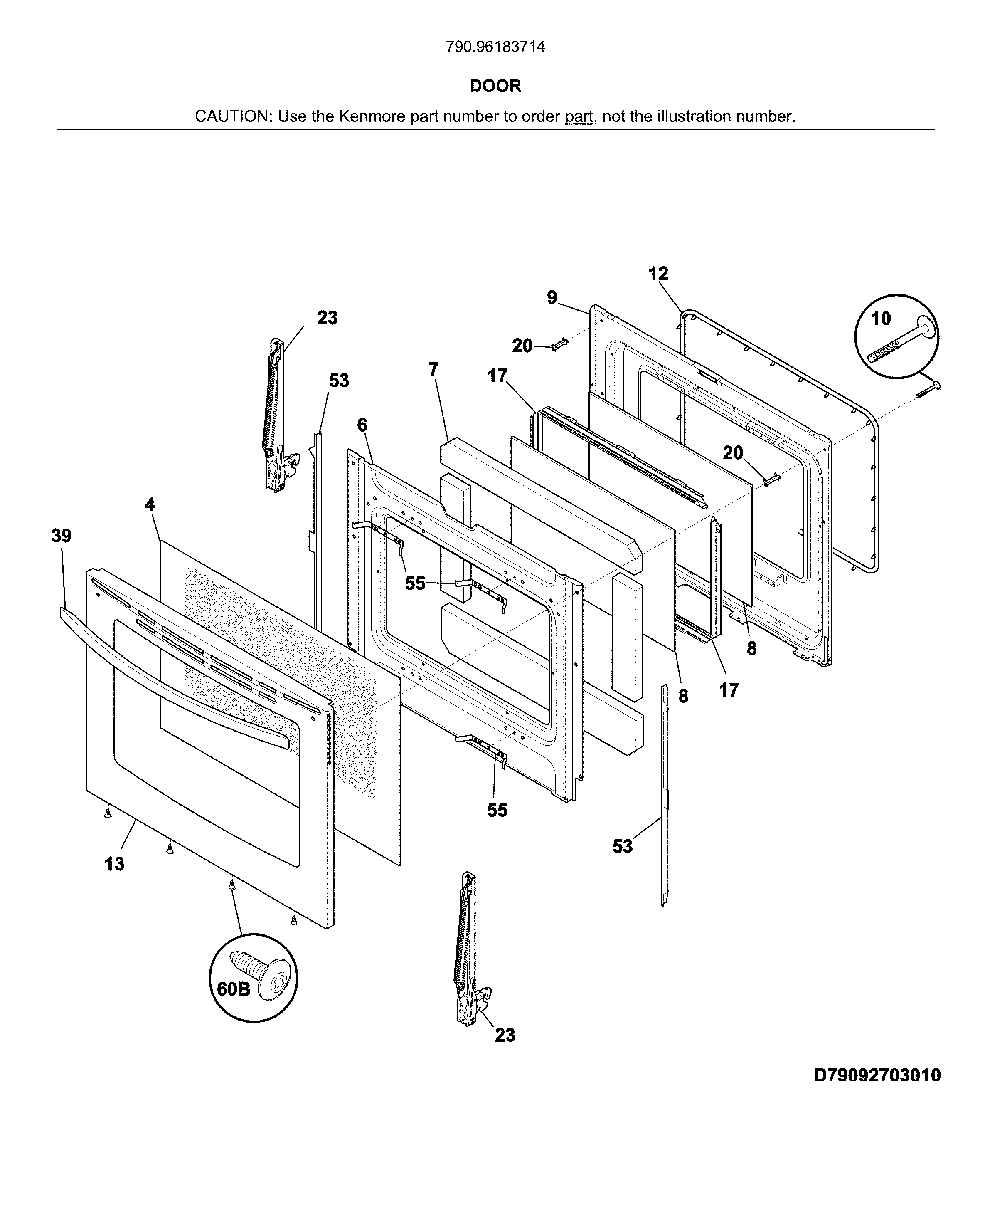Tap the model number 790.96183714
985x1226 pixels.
pyautogui.click(x=495, y=47)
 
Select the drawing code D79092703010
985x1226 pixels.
pyautogui.click(x=877, y=1075)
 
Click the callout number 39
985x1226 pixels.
pyautogui.click(x=62, y=536)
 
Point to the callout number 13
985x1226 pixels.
pyautogui.click(x=114, y=864)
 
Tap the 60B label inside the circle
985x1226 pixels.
pyautogui.click(x=234, y=989)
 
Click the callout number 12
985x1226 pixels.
pyautogui.click(x=658, y=274)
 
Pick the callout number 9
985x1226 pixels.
pyautogui.click(x=552, y=297)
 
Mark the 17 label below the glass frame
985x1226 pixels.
pyautogui.click(x=729, y=690)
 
